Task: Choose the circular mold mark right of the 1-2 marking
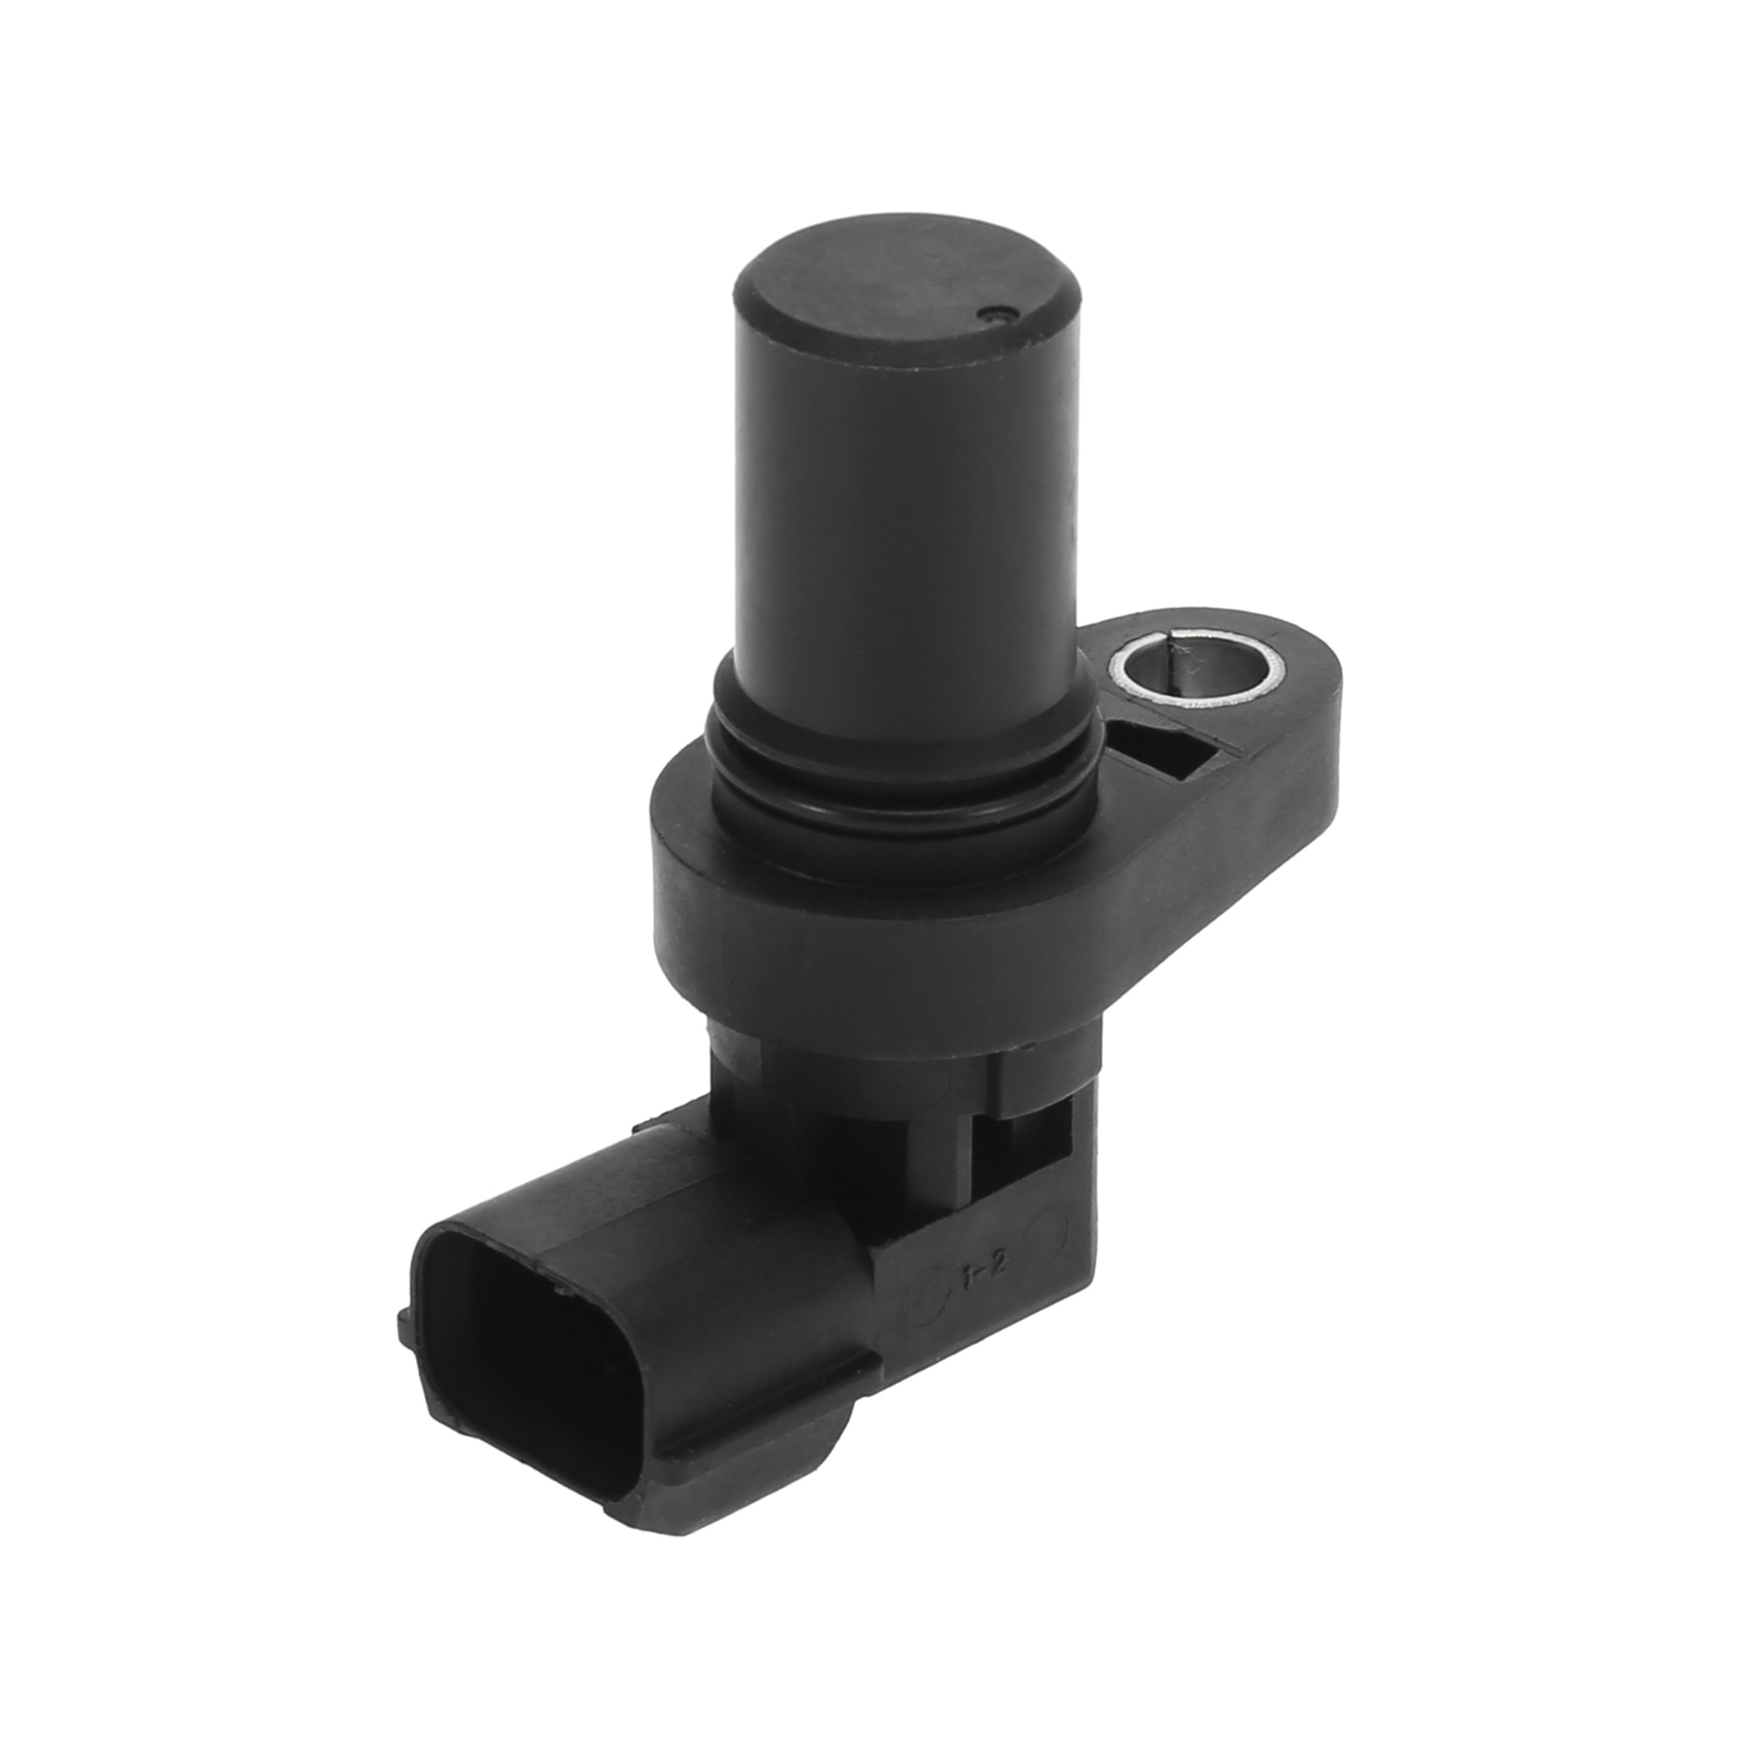pyautogui.click(x=1047, y=1231)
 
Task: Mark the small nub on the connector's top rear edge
pyautogui.click(x=645, y=1127)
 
